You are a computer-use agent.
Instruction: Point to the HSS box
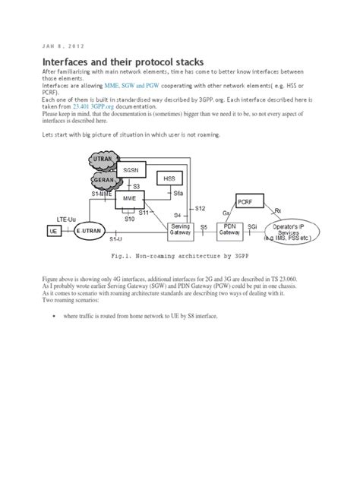[166, 178]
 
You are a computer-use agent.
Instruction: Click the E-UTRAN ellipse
[90, 229]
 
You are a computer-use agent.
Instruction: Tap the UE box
[53, 229]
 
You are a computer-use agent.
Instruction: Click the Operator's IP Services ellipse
[301, 231]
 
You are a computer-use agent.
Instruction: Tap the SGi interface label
[251, 226]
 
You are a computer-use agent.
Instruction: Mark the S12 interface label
[200, 208]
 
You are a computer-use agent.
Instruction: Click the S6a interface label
[178, 194]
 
